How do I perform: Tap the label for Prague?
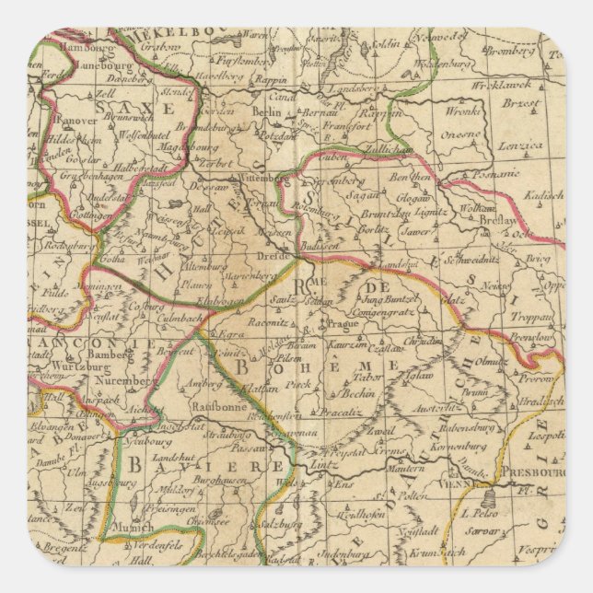point(342,324)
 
